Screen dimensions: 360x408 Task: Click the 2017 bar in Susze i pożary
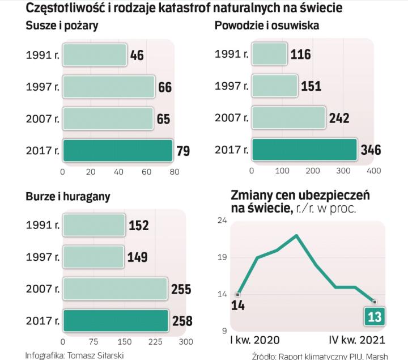click(117, 151)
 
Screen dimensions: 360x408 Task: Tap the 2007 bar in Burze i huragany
click(115, 289)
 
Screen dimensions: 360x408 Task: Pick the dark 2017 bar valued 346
click(304, 150)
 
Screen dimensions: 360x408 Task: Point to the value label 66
click(164, 87)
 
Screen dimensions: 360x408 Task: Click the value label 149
click(137, 257)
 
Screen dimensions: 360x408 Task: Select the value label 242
click(339, 118)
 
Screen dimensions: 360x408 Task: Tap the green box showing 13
click(375, 316)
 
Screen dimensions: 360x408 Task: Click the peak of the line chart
click(296, 235)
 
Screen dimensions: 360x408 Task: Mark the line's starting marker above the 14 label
click(238, 294)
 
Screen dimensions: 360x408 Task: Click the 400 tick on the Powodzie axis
click(373, 170)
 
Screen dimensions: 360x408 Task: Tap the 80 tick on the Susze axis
click(173, 171)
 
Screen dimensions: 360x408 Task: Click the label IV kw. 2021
click(357, 341)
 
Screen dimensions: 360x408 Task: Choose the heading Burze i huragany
click(68, 197)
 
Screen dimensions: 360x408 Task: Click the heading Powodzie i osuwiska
click(266, 25)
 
